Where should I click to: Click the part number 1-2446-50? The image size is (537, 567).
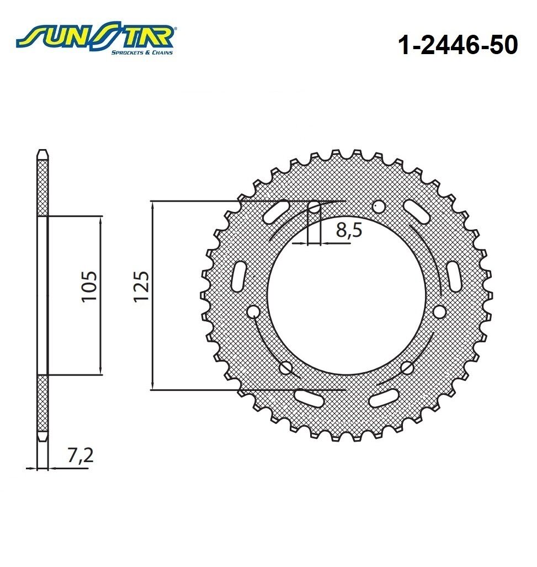[x=458, y=46]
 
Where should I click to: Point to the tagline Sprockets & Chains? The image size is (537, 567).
[x=142, y=52]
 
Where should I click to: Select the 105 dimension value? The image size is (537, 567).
[x=89, y=287]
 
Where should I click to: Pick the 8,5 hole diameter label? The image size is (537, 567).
[x=348, y=230]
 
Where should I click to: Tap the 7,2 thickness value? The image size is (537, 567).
[x=78, y=458]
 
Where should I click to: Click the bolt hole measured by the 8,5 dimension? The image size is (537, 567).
[x=314, y=208]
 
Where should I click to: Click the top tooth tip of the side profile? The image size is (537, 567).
[x=42, y=152]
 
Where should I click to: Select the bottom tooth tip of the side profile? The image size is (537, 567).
[x=42, y=436]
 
